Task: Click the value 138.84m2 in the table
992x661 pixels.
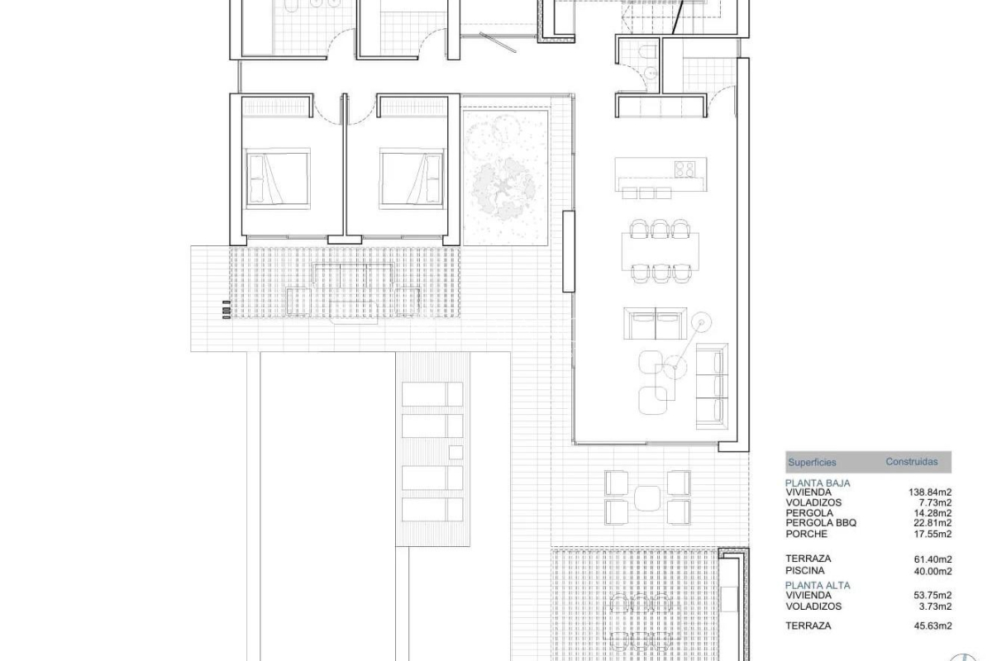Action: pyautogui.click(x=929, y=492)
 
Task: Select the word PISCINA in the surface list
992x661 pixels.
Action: pyautogui.click(x=804, y=570)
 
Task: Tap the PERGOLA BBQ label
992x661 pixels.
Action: pyautogui.click(x=821, y=522)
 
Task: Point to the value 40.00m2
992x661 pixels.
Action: pyautogui.click(x=932, y=571)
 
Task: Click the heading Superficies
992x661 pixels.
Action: pyautogui.click(x=812, y=462)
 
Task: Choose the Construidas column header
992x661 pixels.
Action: pyautogui.click(x=911, y=461)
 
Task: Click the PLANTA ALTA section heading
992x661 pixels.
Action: pyautogui.click(x=818, y=585)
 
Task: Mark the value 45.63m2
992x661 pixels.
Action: pyautogui.click(x=932, y=625)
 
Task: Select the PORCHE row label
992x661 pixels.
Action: pyautogui.click(x=806, y=534)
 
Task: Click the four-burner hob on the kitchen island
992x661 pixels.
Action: pyautogui.click(x=684, y=169)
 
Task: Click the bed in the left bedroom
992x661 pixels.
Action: pyautogui.click(x=278, y=178)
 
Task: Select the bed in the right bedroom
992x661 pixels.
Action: pyautogui.click(x=412, y=178)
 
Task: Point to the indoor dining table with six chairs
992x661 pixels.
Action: pyautogui.click(x=661, y=251)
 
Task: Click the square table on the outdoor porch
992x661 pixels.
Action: pyautogui.click(x=647, y=498)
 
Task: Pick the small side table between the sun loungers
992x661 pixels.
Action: pyautogui.click(x=455, y=452)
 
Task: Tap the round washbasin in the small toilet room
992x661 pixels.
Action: pyautogui.click(x=651, y=72)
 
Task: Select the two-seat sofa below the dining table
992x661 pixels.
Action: pyautogui.click(x=656, y=324)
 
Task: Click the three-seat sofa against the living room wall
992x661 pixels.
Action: pyautogui.click(x=712, y=386)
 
